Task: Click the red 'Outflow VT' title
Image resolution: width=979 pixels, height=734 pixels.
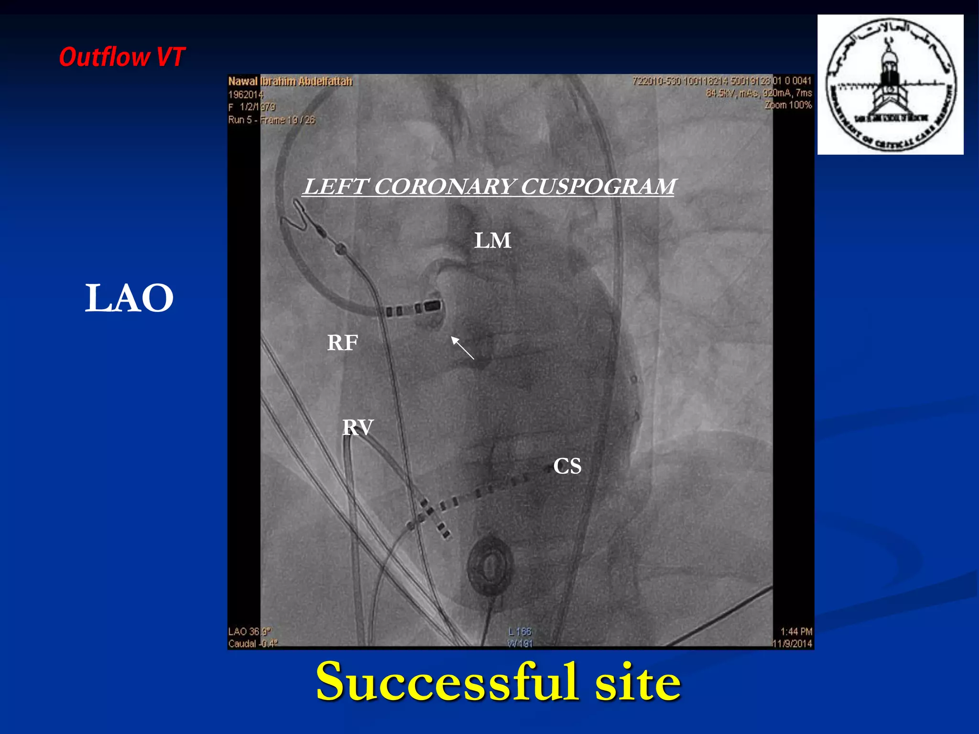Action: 122,57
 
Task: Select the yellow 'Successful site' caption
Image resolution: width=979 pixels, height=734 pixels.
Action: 498,682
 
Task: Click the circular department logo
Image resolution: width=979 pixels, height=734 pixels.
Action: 890,85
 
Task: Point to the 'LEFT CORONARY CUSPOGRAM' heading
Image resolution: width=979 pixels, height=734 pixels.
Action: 489,186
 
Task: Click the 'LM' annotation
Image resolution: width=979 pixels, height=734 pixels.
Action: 492,240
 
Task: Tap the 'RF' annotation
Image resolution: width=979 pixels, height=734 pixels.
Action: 342,343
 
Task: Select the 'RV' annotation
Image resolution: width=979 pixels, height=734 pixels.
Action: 358,427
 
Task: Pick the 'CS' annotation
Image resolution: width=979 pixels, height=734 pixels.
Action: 567,466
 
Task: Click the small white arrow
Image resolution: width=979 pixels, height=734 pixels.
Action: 462,347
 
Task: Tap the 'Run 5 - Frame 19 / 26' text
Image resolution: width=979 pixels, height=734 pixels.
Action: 272,120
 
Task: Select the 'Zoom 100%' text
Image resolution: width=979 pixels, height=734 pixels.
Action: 788,105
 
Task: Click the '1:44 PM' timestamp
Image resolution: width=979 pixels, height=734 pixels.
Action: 796,632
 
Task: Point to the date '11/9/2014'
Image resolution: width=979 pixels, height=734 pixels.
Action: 793,644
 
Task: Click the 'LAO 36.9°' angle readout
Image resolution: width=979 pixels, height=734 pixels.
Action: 249,632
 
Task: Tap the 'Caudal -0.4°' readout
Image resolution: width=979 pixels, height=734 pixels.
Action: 252,644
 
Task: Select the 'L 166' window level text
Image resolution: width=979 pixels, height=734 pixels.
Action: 520,632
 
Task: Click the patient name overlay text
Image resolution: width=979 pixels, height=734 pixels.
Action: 290,82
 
